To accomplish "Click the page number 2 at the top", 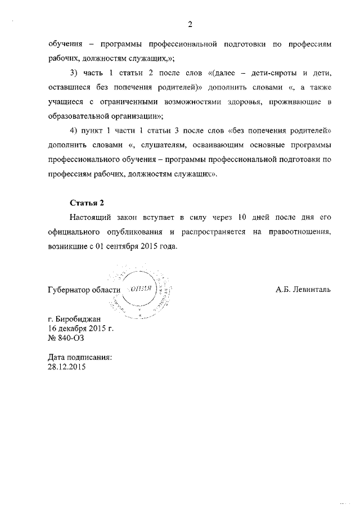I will point(190,24).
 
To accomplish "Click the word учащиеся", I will point(65,102).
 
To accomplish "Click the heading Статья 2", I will point(87,202).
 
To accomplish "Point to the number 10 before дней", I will point(242,217).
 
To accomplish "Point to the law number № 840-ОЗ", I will point(66,337).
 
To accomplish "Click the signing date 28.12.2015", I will point(68,366).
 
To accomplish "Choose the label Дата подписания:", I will point(80,357).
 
